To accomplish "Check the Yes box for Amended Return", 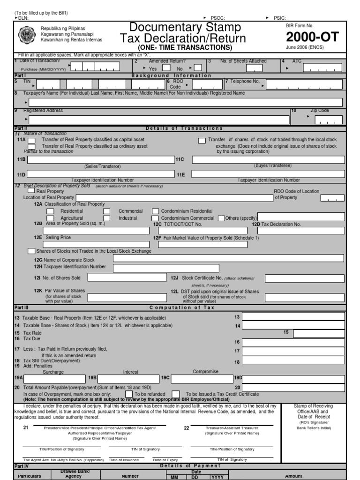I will pyautogui.click(x=162, y=68).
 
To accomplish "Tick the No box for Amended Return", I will pyautogui.click(x=198, y=68).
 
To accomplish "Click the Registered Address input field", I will pyautogui.click(x=159, y=120).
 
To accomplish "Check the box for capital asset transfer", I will pyautogui.click(x=31, y=140).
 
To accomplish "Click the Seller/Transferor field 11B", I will pyautogui.click(x=101, y=160).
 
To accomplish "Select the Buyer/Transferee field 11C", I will pyautogui.click(x=268, y=160).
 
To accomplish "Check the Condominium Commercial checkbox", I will pyautogui.click(x=155, y=218).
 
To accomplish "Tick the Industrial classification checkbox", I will pyautogui.click(x=107, y=218).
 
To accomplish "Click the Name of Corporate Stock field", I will pyautogui.click(x=228, y=258).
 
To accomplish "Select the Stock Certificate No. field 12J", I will pyautogui.click(x=304, y=278).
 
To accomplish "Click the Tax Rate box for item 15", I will pyautogui.click(x=319, y=333).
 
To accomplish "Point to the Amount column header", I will pyautogui.click(x=293, y=476).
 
